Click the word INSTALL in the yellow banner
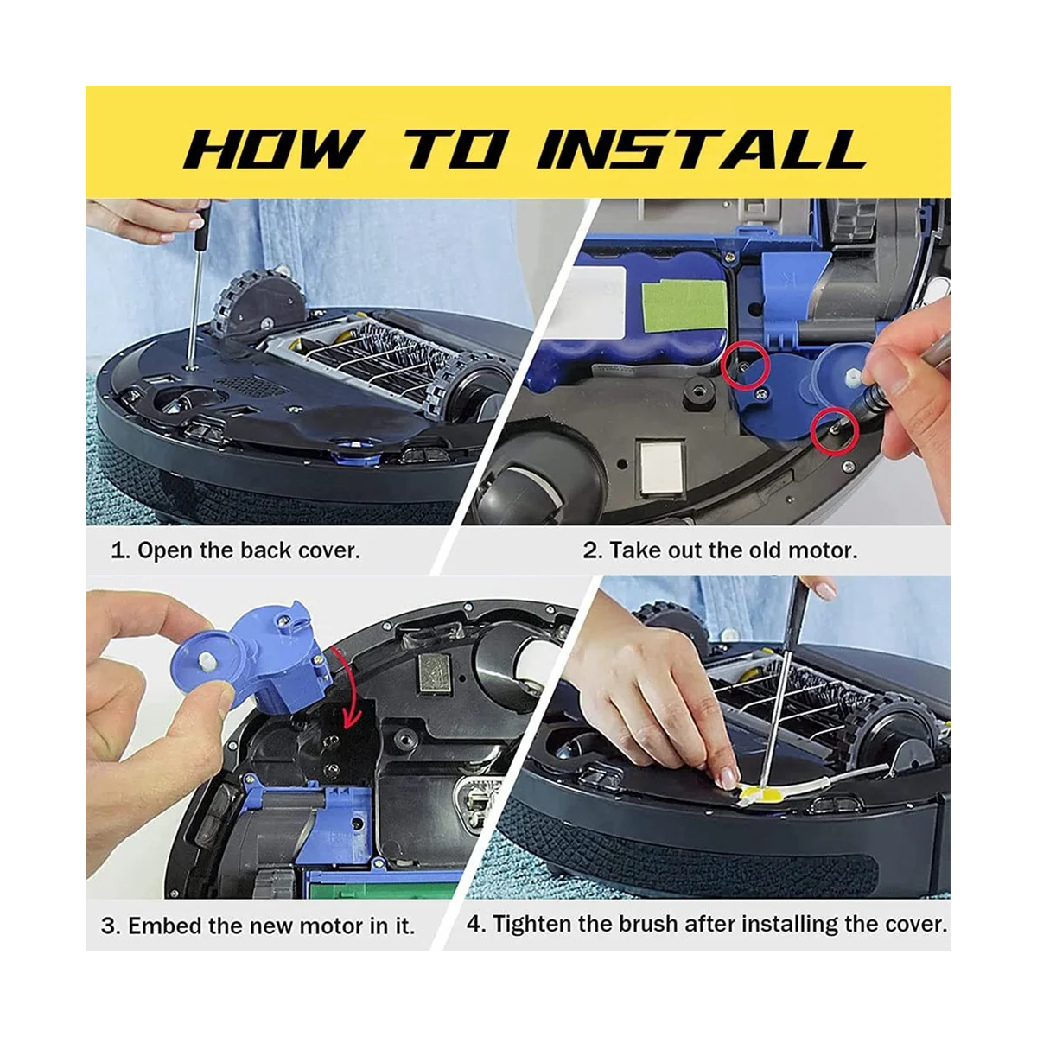tap(700, 149)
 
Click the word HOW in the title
tap(271, 149)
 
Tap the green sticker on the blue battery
tap(684, 306)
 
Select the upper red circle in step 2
tap(745, 366)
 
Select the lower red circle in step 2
tap(834, 431)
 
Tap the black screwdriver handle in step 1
tap(200, 226)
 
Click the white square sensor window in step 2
tap(660, 466)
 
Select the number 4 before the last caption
tap(475, 924)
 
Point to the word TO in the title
tap(455, 149)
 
